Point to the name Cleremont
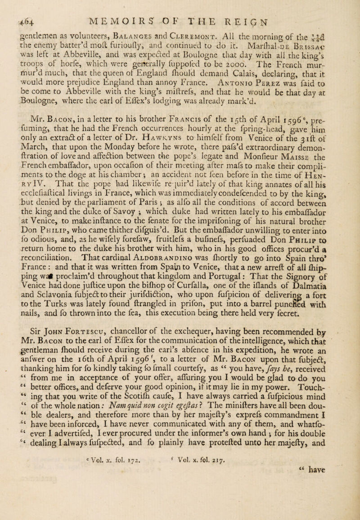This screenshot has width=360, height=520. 207,22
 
